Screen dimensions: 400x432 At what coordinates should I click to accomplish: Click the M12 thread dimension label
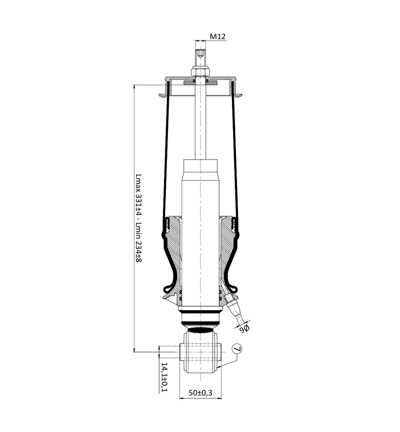[x=218, y=36]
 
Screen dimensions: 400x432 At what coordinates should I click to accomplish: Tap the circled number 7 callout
[x=237, y=349]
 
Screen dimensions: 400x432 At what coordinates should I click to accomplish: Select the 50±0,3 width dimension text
[x=201, y=393]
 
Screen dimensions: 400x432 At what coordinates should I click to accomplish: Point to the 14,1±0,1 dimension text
[x=164, y=377]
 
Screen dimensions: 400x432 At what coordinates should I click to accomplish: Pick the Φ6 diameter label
[x=244, y=328]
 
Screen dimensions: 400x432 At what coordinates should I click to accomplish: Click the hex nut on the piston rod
[x=201, y=72]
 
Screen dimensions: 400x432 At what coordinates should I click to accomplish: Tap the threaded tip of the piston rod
[x=201, y=54]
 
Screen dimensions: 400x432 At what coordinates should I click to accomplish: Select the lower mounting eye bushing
[x=201, y=352]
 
